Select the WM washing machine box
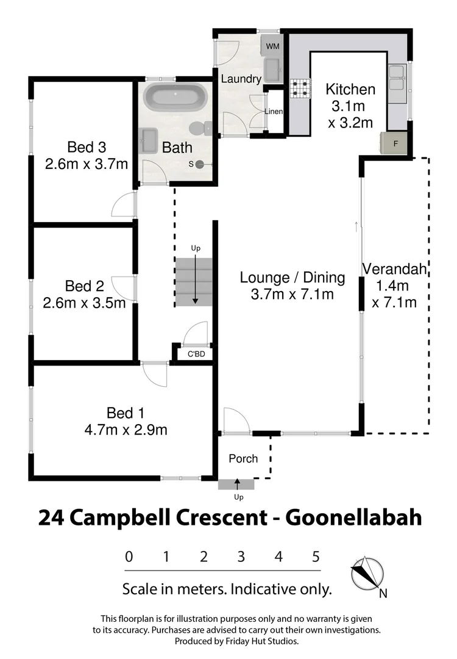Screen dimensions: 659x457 [271, 45]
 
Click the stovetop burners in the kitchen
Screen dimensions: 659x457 [299, 90]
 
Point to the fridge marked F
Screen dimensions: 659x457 [395, 144]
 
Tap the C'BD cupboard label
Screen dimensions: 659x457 [195, 354]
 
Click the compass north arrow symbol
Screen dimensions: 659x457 [368, 574]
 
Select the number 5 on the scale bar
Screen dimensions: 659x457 [316, 556]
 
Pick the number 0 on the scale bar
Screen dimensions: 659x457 [129, 556]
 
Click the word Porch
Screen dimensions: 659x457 [243, 458]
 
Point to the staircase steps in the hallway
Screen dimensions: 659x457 [194, 282]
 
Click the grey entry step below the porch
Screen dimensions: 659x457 [236, 484]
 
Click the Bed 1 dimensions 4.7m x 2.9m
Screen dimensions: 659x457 [126, 430]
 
